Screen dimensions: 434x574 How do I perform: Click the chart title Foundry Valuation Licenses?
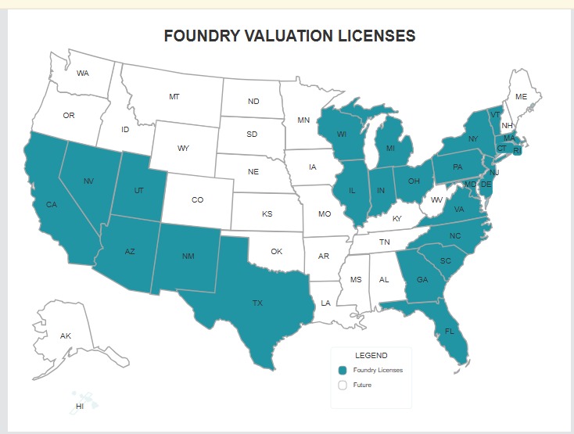(289, 36)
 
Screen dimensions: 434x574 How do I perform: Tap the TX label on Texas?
(257, 302)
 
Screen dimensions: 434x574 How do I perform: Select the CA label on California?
(52, 205)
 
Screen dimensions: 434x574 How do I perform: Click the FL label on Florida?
(449, 331)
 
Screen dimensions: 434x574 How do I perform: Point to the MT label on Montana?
(174, 96)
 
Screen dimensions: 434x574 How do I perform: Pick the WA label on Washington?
(83, 73)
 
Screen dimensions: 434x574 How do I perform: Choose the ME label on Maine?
(522, 97)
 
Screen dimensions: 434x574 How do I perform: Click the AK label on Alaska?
(66, 335)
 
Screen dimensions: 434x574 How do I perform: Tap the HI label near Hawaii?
(80, 407)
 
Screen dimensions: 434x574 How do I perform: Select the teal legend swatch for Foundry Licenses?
(343, 370)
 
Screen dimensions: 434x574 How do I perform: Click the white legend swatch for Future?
(343, 385)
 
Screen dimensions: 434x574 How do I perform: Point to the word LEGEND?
(371, 355)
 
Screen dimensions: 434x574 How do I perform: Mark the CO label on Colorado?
(197, 200)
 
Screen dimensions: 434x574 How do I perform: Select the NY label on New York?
(472, 139)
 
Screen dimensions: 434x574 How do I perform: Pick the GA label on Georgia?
(422, 280)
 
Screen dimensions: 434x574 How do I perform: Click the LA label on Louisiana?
(325, 303)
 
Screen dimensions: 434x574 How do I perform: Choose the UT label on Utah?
(139, 191)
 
